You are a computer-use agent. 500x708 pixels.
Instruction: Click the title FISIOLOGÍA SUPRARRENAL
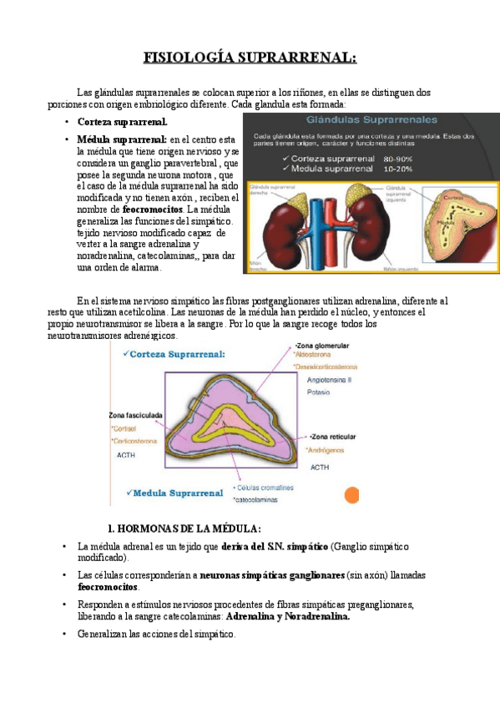pos(250,58)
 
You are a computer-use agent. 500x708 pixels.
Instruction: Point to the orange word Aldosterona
pos(316,355)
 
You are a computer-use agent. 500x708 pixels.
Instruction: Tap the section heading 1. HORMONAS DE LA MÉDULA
pos(184,528)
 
